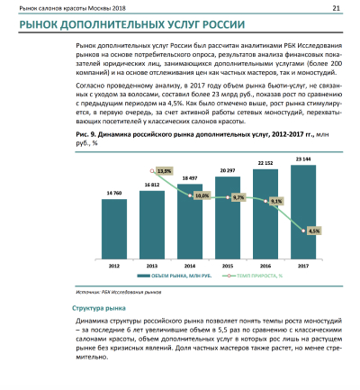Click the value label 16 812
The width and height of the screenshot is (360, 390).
click(150, 185)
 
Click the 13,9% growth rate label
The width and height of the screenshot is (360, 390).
click(164, 171)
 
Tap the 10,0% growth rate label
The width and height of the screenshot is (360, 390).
click(201, 195)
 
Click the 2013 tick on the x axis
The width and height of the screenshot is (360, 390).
click(150, 267)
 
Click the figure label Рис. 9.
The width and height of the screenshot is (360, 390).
click(88, 133)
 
